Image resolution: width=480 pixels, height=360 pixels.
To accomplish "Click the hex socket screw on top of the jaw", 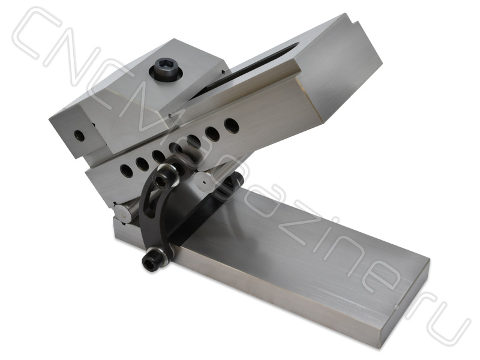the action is point(165,72).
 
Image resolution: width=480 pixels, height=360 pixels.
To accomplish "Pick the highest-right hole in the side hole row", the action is point(229,125).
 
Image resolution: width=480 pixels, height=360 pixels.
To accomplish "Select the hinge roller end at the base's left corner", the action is point(124,214).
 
